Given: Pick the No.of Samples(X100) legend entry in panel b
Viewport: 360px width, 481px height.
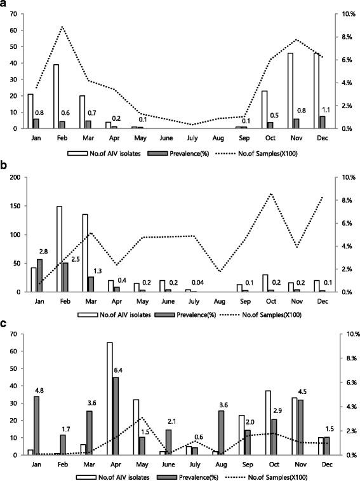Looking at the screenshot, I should point(262,314).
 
